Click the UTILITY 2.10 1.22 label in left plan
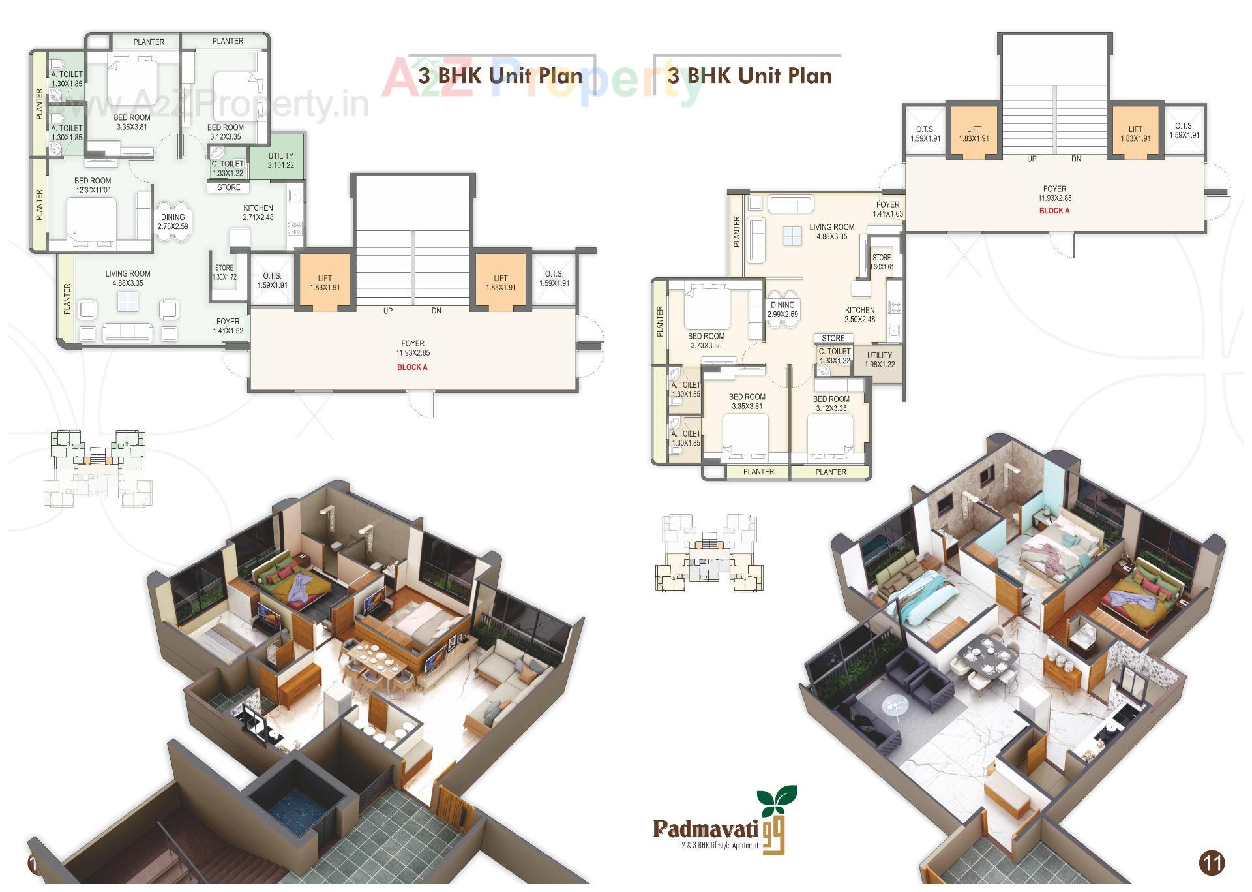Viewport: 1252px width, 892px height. coord(280,161)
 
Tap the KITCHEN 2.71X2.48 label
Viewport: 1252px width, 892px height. coord(258,213)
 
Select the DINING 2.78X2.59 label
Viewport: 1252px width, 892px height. coord(173,222)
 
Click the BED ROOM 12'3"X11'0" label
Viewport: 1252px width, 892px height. coord(93,185)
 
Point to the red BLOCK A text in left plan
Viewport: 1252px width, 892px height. coord(412,367)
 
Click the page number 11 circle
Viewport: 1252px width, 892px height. coord(1212,863)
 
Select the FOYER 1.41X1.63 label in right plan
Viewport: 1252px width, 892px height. coord(887,209)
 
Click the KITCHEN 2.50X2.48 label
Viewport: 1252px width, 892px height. coord(859,315)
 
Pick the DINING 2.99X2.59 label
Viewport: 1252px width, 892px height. coord(782,309)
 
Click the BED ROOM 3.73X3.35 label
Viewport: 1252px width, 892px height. coord(706,341)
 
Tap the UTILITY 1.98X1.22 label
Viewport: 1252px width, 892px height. coord(880,360)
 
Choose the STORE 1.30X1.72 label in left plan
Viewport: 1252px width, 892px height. coord(224,272)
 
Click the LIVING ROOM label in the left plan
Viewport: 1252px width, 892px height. coord(128,279)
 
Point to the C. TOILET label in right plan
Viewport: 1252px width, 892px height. coord(835,356)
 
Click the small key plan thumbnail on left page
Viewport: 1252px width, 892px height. coord(98,467)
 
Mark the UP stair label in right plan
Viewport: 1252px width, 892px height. coord(1032,159)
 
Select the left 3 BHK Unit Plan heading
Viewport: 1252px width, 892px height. coord(500,76)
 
